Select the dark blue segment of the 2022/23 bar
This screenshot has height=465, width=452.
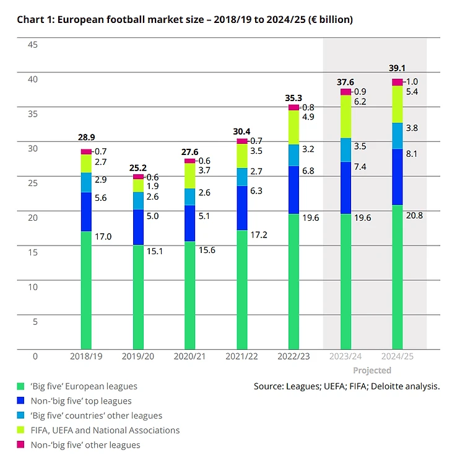pos(294,190)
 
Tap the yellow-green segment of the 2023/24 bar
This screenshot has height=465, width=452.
pos(346,117)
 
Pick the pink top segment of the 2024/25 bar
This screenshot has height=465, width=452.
pos(397,82)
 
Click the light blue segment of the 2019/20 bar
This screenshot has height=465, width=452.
pos(138,201)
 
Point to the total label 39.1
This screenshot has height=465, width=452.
pos(397,69)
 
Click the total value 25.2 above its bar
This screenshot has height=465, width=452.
pos(138,167)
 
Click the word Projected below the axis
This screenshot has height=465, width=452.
pos(372,370)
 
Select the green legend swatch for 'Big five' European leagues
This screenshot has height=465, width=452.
pos(20,386)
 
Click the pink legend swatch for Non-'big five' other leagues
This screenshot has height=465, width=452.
pos(20,445)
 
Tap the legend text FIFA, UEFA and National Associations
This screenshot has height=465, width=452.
pos(105,430)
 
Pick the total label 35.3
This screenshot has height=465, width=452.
pos(294,97)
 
